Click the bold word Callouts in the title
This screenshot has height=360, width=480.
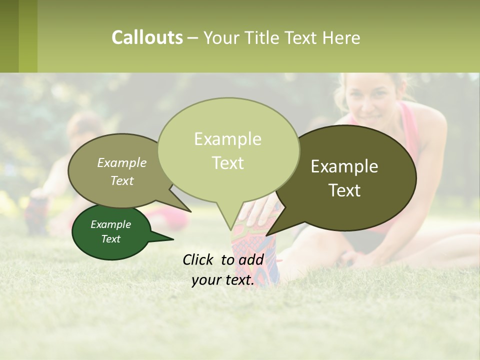point(147,37)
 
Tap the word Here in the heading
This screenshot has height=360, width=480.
point(342,38)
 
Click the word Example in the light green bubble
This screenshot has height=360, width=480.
point(227,139)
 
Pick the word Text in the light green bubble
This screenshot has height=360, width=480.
point(227,163)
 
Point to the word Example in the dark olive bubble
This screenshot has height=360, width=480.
point(344,166)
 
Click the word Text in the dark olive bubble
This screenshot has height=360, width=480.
point(345,190)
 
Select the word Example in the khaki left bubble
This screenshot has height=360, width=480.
point(122,162)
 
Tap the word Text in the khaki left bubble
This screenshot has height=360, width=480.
point(122,180)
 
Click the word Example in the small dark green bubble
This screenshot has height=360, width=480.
point(110,224)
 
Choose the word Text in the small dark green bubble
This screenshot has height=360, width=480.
point(110,239)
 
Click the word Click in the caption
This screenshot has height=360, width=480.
point(199,259)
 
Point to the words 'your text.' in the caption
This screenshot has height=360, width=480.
point(223,280)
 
